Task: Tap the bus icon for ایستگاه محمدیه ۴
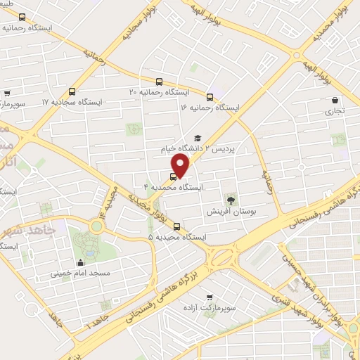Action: point(174,176)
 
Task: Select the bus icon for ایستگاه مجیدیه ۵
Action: point(176,226)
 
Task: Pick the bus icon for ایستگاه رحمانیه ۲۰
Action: point(160,81)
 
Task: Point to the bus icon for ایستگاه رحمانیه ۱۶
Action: point(210,96)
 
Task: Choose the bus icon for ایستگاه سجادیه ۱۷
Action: point(72,91)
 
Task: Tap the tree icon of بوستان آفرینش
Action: point(231,200)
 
